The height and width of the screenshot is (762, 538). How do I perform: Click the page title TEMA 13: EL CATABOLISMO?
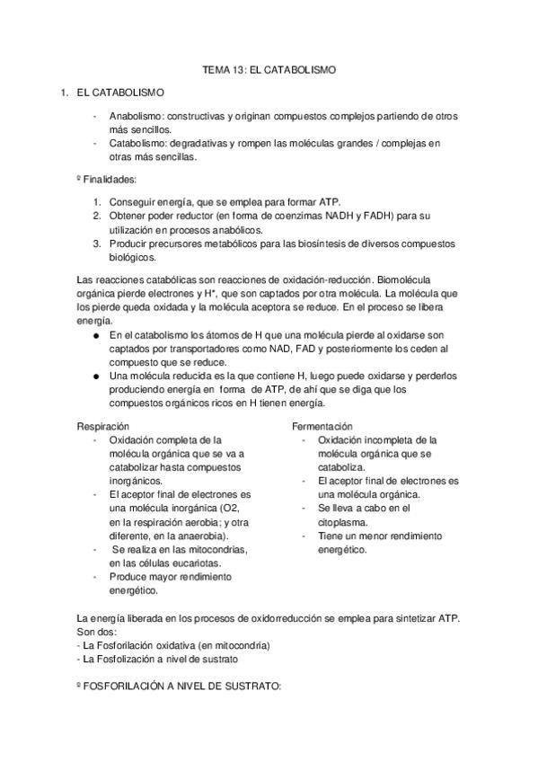tap(269, 69)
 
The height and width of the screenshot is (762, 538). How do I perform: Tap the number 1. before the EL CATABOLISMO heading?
tap(63, 93)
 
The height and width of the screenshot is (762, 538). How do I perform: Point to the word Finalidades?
tap(110, 180)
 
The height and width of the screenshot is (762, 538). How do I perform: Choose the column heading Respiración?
tap(103, 426)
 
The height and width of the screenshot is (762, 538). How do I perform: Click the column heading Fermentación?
tap(322, 426)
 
